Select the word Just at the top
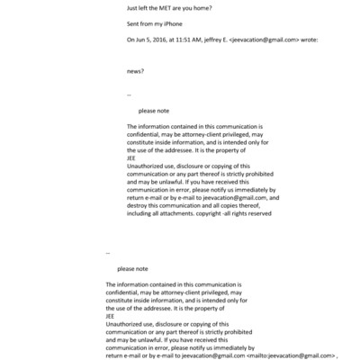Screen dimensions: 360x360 (132, 8)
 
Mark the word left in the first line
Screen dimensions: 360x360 (147, 8)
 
